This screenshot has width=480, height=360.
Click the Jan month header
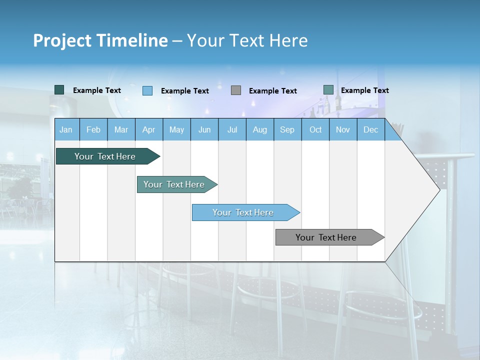tap(66, 129)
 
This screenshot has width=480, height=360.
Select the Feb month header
tap(93, 129)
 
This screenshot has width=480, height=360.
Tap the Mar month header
tap(121, 129)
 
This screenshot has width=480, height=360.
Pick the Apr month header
tap(149, 129)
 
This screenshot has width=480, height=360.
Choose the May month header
tap(176, 129)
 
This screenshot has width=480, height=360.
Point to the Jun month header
tap(204, 129)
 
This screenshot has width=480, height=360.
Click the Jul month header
tap(232, 129)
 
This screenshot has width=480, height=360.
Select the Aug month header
tap(260, 129)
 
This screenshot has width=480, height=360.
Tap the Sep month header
tap(287, 129)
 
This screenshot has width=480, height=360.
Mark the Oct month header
tap(315, 129)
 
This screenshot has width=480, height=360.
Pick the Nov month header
tap(343, 129)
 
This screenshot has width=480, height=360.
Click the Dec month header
tap(371, 129)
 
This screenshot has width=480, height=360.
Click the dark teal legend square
tap(59, 90)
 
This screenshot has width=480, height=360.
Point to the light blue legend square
tap(147, 90)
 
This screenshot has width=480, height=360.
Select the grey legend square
tap(236, 90)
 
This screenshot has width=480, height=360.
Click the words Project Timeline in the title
tap(100, 40)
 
